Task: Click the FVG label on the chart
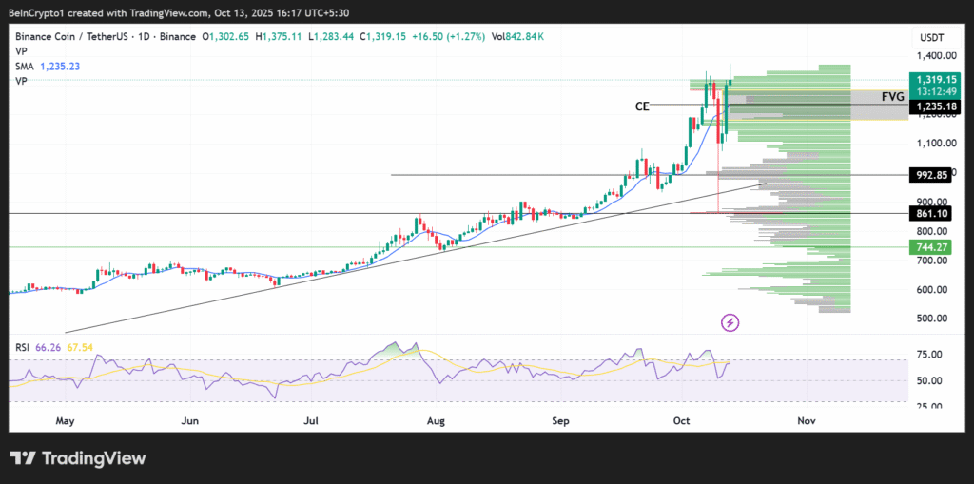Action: point(892,97)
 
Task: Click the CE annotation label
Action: point(642,106)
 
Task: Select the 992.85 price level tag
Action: point(931,175)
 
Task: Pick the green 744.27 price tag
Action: point(931,247)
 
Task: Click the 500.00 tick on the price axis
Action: point(931,319)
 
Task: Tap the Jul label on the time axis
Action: point(312,419)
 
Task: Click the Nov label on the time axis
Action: point(806,419)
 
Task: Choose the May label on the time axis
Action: point(65,419)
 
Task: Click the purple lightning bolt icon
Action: point(730,323)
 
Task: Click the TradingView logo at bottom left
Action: point(79,458)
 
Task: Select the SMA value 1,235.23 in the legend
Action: point(59,67)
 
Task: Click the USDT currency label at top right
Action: point(930,38)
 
